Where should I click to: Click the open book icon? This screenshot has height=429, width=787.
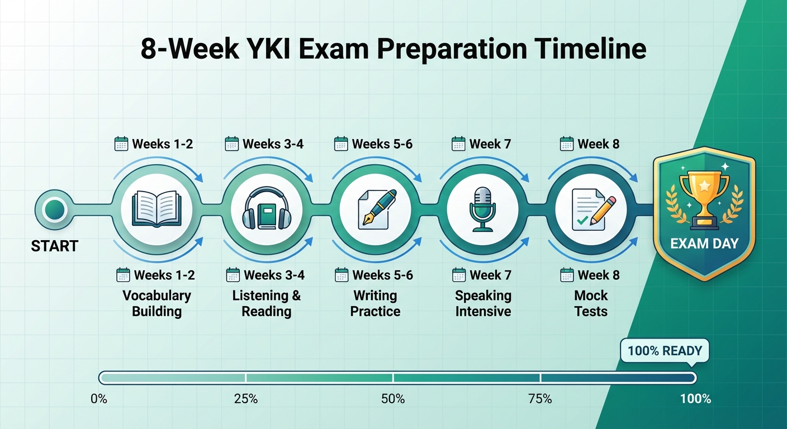(x=157, y=209)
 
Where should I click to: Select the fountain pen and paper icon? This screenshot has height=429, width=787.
(x=376, y=209)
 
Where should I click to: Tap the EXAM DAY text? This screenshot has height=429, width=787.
(x=704, y=244)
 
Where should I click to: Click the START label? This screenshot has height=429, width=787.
(x=54, y=246)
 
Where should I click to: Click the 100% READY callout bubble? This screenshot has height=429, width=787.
(x=664, y=351)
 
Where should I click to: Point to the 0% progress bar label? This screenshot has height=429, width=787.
(x=98, y=399)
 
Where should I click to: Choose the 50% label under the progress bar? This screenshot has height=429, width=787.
(x=393, y=399)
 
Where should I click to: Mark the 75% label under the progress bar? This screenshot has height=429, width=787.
(x=540, y=399)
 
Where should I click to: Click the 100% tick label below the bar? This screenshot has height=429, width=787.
(x=695, y=399)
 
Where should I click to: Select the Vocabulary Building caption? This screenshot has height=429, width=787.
(x=157, y=303)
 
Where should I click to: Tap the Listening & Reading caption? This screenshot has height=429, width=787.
(x=266, y=303)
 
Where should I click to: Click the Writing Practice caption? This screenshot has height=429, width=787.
(x=375, y=303)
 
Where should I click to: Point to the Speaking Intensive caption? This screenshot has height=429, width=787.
(x=483, y=303)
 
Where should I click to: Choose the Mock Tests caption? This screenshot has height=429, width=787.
(x=591, y=303)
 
